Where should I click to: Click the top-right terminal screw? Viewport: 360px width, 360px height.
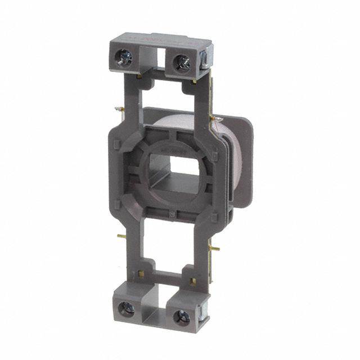pos(182,61)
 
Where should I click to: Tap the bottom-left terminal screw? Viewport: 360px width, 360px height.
pos(129,308)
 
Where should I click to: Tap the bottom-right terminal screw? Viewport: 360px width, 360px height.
pos(183,316)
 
